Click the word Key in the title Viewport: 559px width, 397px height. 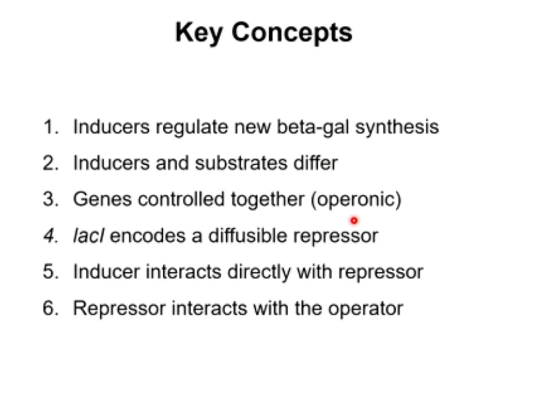tap(199, 33)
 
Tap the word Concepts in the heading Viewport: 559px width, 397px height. tap(292, 33)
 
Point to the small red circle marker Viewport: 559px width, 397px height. tap(354, 221)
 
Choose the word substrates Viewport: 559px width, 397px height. tap(241, 163)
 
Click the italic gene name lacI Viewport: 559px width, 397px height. tap(88, 236)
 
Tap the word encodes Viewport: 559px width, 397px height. tap(147, 236)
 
